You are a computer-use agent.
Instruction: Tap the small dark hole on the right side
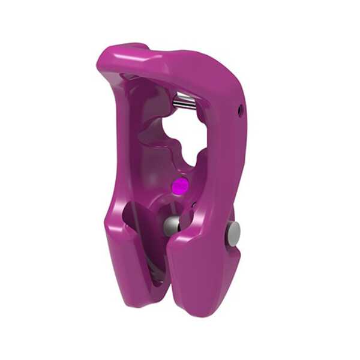(241, 109)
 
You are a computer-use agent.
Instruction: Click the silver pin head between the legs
(172, 225)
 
